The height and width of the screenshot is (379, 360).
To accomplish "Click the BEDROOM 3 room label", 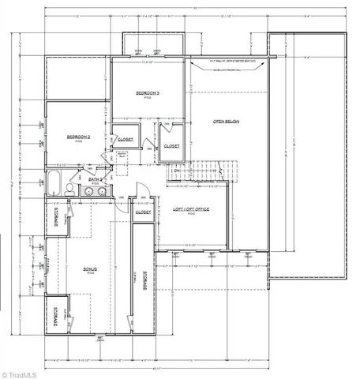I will tap(148, 94).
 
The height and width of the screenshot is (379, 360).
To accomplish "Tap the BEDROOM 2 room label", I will tap(77, 137).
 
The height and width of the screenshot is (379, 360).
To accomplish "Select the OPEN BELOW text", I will tap(226, 122).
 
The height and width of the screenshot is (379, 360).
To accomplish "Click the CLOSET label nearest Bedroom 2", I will tap(125, 139).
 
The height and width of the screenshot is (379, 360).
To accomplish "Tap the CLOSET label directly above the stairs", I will tap(171, 146).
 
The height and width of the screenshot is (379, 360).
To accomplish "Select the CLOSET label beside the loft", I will tap(143, 212).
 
